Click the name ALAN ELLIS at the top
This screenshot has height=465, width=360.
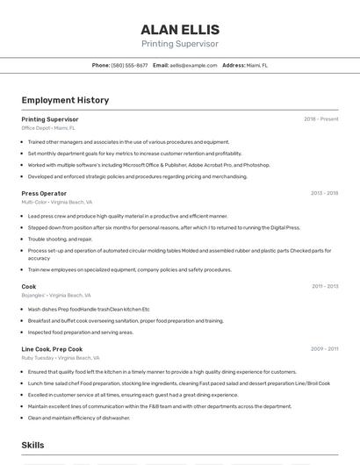pos(180,29)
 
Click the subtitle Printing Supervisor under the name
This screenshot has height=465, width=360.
pos(180,43)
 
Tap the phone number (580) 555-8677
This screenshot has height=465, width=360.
pos(129,65)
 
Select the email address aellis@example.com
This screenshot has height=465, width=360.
pos(193,65)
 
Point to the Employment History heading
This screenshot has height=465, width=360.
pos(65,100)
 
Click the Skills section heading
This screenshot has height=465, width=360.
pos(32,446)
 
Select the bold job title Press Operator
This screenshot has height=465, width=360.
pos(44,193)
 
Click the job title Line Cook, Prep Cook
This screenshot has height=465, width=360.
pos(53,349)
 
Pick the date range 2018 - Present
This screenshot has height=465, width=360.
pos(320,119)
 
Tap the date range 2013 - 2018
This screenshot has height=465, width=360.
pos(324,193)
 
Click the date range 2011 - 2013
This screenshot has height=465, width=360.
pos(324,286)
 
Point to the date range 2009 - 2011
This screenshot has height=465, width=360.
pos(324,349)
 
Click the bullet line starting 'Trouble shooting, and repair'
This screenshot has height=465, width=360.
pos(60,239)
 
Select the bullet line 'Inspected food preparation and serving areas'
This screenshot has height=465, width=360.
pos(81,333)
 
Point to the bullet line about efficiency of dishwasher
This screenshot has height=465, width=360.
pos(79,418)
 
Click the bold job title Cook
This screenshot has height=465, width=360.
pos(29,286)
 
